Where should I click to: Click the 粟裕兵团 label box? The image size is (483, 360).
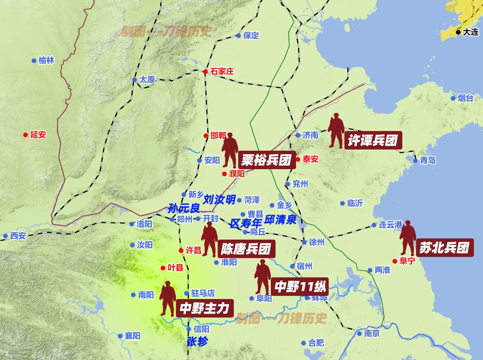pyautogui.click(x=266, y=160)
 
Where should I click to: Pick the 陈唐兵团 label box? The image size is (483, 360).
pyautogui.click(x=246, y=249)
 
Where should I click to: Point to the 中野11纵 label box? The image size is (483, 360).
pyautogui.click(x=300, y=286)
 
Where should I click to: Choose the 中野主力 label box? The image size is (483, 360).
pyautogui.click(x=204, y=308)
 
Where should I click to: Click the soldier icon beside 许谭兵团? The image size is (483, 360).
pyautogui.click(x=336, y=131)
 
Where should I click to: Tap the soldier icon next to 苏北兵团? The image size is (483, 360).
pyautogui.click(x=407, y=238)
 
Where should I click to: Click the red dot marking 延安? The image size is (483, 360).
pyautogui.click(x=26, y=135)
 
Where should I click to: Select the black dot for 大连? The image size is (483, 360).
pyautogui.click(x=458, y=32)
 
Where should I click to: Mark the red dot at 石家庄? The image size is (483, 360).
pyautogui.click(x=205, y=72)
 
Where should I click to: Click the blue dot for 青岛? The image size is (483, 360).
pyautogui.click(x=415, y=161)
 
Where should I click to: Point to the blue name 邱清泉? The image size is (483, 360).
pyautogui.click(x=280, y=220)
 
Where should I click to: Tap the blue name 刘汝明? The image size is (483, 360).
pyautogui.click(x=219, y=199)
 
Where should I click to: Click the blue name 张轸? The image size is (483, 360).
pyautogui.click(x=197, y=342)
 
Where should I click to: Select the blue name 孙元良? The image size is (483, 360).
pyautogui.click(x=184, y=208)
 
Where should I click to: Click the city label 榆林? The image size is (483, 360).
pyautogui.click(x=46, y=61)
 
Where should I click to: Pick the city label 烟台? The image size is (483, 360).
pyautogui.click(x=465, y=98)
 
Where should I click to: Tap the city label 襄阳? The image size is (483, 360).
pyautogui.click(x=132, y=336)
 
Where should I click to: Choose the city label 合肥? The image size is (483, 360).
pyautogui.click(x=316, y=343)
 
